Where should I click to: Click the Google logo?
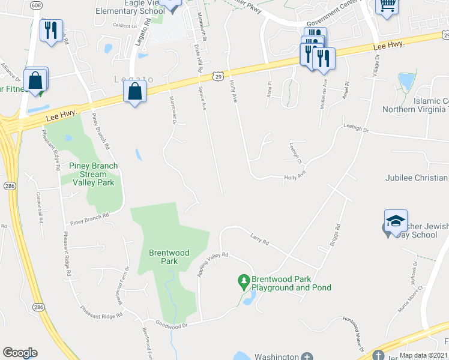pyautogui.click(x=20, y=353)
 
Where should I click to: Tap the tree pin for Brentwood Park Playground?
pyautogui.click(x=243, y=280)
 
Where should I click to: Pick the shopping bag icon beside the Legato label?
pyautogui.click(x=135, y=92)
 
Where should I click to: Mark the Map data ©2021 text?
pyautogui.click(x=423, y=355)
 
